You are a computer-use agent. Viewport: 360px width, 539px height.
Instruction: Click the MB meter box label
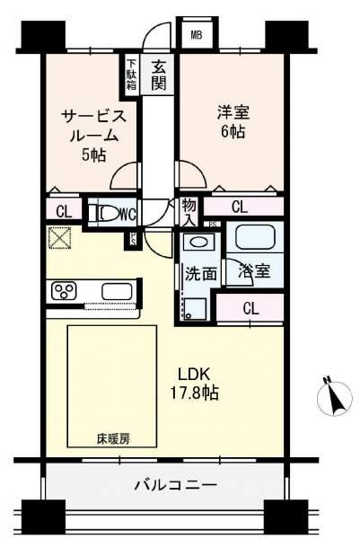[196, 36]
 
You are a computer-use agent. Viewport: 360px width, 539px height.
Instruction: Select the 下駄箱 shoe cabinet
[131, 75]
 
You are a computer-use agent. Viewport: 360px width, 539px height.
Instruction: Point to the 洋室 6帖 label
[232, 122]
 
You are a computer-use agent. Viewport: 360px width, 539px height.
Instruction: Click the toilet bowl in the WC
[107, 214]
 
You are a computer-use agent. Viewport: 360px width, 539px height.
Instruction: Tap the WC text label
[127, 214]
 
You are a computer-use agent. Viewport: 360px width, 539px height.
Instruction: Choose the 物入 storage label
[189, 213]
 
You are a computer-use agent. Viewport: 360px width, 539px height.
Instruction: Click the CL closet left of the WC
[63, 213]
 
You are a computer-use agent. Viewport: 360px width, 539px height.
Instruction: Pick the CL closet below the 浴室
[252, 307]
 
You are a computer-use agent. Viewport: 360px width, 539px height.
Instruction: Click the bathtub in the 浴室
[255, 240]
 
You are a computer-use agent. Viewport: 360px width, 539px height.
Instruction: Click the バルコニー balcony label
[175, 485]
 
